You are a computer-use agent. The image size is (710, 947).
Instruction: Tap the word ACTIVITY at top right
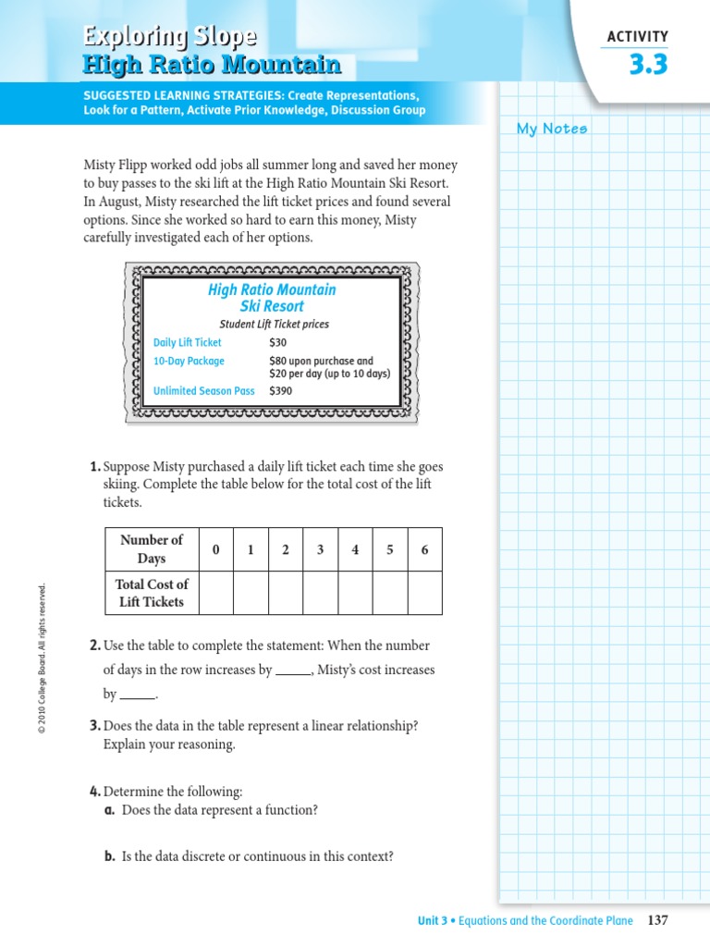(x=637, y=37)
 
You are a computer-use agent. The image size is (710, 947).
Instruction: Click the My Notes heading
(x=552, y=129)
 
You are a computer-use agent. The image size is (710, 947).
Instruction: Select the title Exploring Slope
(x=170, y=37)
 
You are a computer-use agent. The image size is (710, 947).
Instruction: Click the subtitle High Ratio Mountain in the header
(x=212, y=65)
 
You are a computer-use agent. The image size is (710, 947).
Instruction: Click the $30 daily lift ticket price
(x=277, y=342)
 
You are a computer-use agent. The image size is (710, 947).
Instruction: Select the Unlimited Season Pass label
(x=203, y=391)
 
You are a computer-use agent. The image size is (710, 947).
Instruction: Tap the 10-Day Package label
(x=189, y=361)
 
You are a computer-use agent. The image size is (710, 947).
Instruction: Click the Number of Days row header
(x=152, y=549)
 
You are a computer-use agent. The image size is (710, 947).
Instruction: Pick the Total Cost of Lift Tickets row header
(x=152, y=593)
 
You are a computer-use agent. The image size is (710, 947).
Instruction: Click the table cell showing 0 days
(x=215, y=549)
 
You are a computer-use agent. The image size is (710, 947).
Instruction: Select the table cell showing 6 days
(x=424, y=549)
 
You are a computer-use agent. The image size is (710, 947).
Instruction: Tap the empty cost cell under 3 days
(x=320, y=593)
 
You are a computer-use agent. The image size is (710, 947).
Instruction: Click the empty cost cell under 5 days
(x=390, y=593)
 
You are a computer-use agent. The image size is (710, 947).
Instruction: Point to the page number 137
(x=657, y=920)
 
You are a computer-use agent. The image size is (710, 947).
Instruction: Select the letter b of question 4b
(x=109, y=856)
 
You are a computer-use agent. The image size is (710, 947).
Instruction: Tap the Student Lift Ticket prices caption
(x=274, y=325)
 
